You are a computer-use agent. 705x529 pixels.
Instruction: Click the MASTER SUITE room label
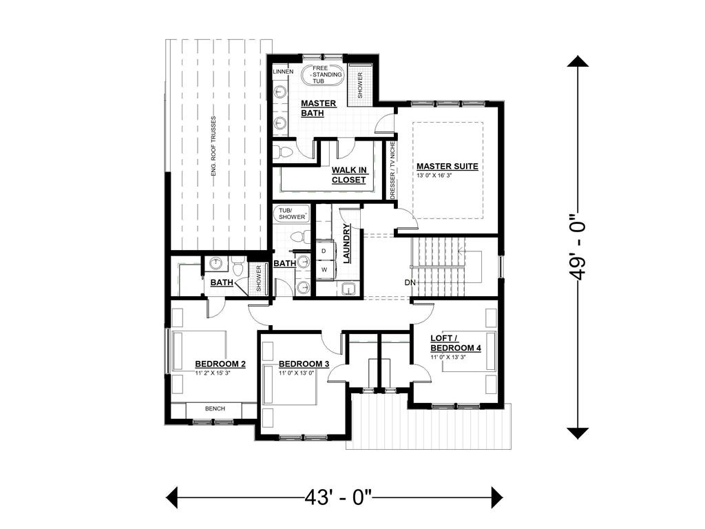pyautogui.click(x=447, y=166)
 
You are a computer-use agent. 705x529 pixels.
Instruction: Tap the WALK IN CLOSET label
pyautogui.click(x=348, y=175)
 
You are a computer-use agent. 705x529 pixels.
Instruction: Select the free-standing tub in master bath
pyautogui.click(x=321, y=74)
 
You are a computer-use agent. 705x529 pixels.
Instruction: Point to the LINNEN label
pyautogui.click(x=283, y=72)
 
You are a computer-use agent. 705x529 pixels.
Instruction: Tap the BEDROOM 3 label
pyautogui.click(x=304, y=364)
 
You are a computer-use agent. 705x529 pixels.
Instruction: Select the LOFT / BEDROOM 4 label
pyautogui.click(x=455, y=343)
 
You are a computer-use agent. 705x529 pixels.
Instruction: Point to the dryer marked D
pyautogui.click(x=324, y=251)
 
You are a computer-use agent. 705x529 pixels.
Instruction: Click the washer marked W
pyautogui.click(x=324, y=270)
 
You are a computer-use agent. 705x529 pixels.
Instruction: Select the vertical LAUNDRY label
pyautogui.click(x=348, y=244)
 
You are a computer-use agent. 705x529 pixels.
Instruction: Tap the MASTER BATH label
pyautogui.click(x=318, y=108)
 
